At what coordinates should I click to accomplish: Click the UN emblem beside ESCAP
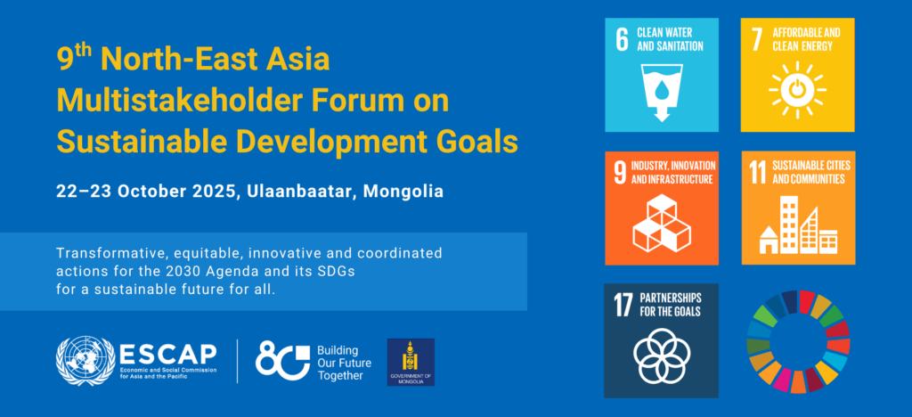(x=85, y=361)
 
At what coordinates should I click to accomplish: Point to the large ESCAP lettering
(x=167, y=353)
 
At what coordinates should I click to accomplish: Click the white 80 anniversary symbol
(x=282, y=361)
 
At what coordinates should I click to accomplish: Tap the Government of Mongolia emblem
(x=411, y=363)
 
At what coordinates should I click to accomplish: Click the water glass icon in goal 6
(x=662, y=92)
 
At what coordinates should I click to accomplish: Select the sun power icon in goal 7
(x=797, y=90)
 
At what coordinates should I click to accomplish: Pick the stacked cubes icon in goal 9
(x=662, y=223)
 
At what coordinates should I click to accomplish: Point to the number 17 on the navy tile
(x=623, y=305)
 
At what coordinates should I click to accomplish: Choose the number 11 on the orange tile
(x=757, y=173)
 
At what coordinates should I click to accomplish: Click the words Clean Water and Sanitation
(x=670, y=38)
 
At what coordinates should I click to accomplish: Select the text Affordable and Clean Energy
(x=805, y=38)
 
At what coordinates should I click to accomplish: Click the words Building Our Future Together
(x=343, y=363)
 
